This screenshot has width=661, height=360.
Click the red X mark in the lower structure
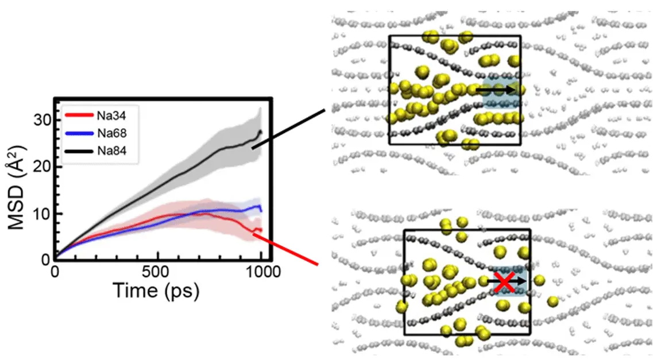(x=505, y=281)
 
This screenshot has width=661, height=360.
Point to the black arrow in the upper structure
(x=495, y=90)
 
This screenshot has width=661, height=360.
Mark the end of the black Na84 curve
(x=261, y=132)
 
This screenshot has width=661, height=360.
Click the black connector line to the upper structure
(x=289, y=128)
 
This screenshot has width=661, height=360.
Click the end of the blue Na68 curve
(x=261, y=210)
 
